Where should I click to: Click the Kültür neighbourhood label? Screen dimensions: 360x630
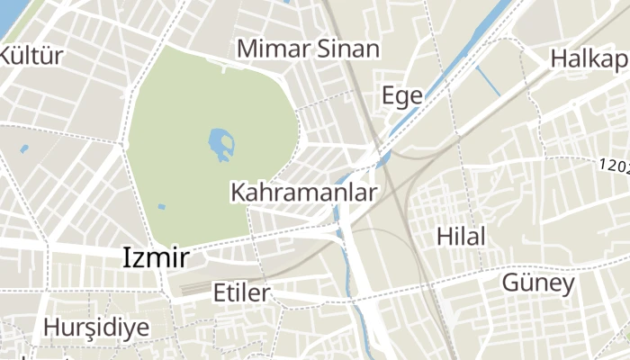[x=31, y=56]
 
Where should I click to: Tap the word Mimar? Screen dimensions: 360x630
[x=268, y=49]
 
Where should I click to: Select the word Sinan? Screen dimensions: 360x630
[x=347, y=49]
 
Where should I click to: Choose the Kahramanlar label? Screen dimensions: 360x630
[x=304, y=193]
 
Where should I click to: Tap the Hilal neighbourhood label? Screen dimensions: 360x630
[x=460, y=237]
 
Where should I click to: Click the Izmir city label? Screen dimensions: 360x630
[x=156, y=259]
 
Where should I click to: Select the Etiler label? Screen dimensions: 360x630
[x=241, y=292]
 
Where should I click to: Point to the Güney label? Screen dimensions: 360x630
[x=537, y=284]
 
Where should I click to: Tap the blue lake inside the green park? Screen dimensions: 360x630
[x=221, y=144]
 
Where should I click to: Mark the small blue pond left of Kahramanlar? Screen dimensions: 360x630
[x=162, y=206]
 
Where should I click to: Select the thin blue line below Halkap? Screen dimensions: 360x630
[x=488, y=81]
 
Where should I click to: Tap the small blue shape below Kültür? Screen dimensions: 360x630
[x=24, y=148]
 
